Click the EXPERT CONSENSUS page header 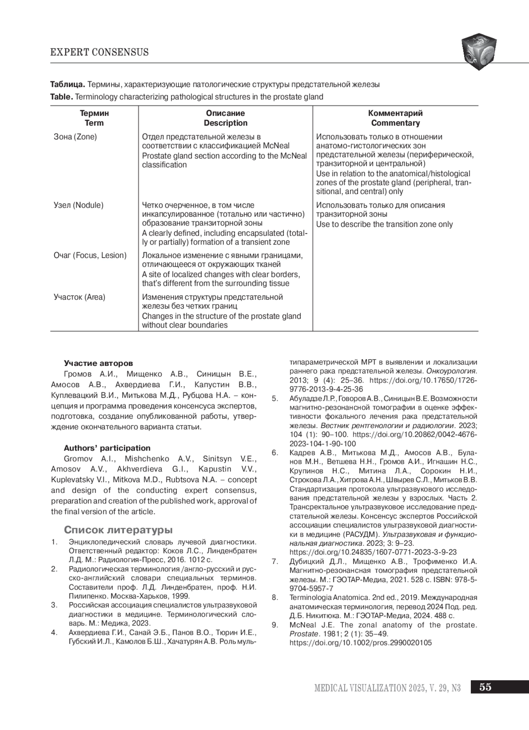[x=99, y=52]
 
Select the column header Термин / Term [x=94, y=118]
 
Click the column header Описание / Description [x=225, y=118]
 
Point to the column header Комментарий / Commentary [x=395, y=118]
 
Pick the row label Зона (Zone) [x=75, y=137]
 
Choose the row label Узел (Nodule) [x=78, y=205]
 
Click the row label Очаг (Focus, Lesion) [x=90, y=255]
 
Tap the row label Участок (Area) [x=79, y=297]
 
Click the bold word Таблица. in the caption [x=67, y=84]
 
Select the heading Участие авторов [x=98, y=364]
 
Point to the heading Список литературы [x=118, y=529]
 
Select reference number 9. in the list [x=275, y=625]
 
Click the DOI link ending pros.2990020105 [x=361, y=643]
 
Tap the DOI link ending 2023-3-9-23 [x=373, y=552]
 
